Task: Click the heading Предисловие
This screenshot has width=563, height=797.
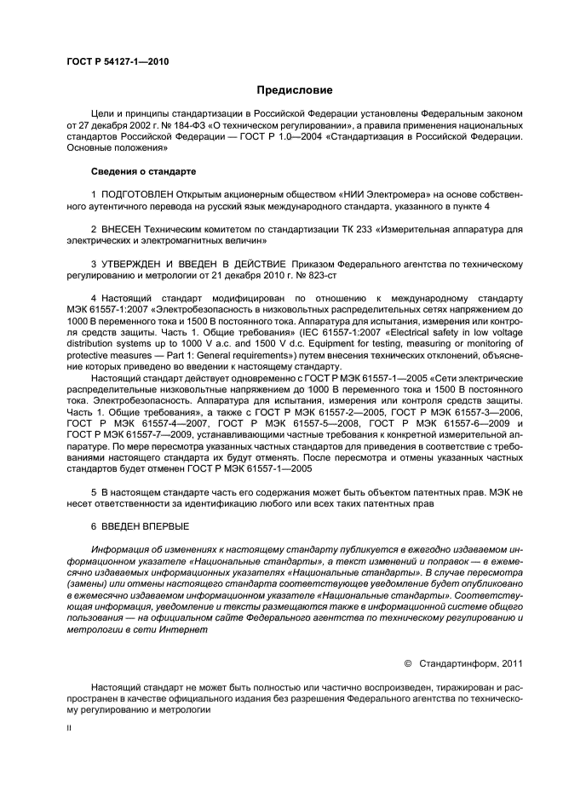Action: pyautogui.click(x=295, y=89)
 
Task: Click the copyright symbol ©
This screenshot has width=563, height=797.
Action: pyautogui.click(x=407, y=662)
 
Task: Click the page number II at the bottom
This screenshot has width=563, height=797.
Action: pyautogui.click(x=70, y=729)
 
